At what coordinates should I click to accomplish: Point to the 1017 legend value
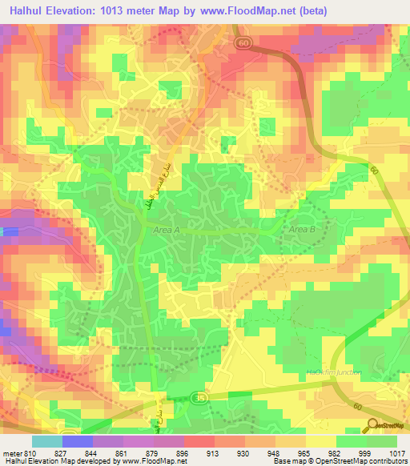(x=398, y=452)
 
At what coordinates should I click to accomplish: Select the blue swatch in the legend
(x=77, y=441)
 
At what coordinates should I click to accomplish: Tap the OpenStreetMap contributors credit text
(x=361, y=461)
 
